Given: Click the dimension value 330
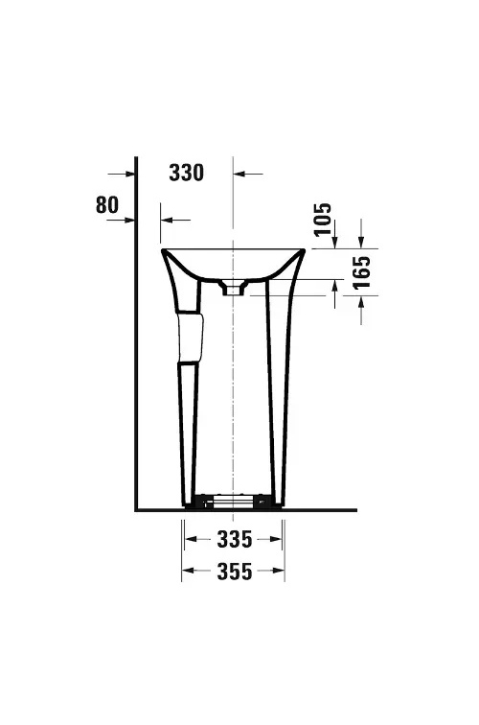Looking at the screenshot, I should coord(187,173).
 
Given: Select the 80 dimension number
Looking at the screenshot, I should coord(107,204).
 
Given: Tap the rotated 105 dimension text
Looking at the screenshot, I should coord(322,221).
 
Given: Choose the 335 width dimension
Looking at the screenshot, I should coord(233,538).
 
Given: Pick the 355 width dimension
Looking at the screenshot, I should coord(233,573).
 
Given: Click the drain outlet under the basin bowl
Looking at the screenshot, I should coord(233,287).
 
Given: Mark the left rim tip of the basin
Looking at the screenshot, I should coord(163,251).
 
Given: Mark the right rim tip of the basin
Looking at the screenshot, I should coord(304,251).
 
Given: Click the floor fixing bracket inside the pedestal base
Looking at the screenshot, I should coord(233,501).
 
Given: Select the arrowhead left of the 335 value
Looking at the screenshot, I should coord(192,538).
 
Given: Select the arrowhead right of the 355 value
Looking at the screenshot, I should coord(278,573).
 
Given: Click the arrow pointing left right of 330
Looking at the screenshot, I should coord(240,174).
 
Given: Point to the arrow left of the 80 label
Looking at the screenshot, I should coord(128,220).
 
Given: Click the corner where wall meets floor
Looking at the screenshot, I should coord(137,509).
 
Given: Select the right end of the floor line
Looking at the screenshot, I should coord(355,509).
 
